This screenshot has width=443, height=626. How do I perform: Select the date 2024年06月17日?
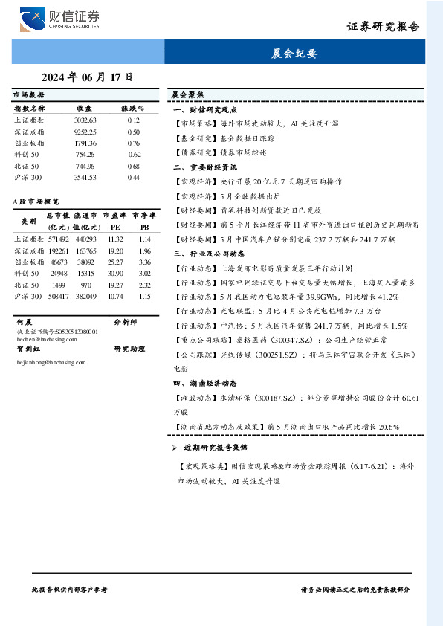click(88, 77)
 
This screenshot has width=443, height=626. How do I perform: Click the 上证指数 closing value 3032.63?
click(85, 120)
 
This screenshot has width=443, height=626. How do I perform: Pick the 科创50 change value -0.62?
click(133, 154)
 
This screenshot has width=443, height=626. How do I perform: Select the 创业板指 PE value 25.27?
click(114, 262)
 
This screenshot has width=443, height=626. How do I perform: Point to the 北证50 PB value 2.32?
click(144, 285)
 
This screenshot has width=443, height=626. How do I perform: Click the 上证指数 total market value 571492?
click(58, 239)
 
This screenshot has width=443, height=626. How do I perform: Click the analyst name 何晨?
click(23, 323)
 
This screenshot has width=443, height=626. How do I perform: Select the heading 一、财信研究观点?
click(204, 109)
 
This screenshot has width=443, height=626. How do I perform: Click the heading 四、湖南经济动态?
click(204, 383)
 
